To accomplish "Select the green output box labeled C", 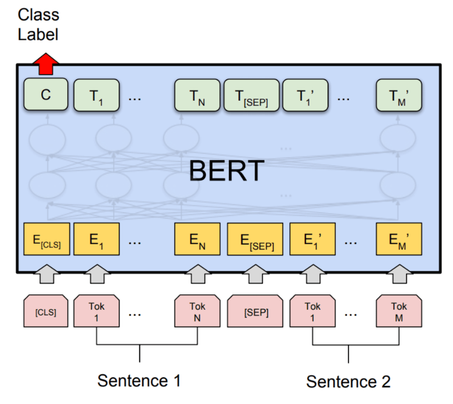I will point(46,96).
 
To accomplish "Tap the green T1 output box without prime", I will point(97,96).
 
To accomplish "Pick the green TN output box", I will point(197,96).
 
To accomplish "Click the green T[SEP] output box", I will point(252,96).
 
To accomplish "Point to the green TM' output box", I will point(399,96).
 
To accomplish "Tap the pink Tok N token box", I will point(198,312).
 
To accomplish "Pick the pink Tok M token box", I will point(399,312).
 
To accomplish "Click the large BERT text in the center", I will point(226,170).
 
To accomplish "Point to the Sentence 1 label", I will point(139,381).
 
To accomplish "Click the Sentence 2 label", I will point(348,381).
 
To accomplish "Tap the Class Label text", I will point(38,25).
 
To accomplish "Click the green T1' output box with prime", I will point(305,96).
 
